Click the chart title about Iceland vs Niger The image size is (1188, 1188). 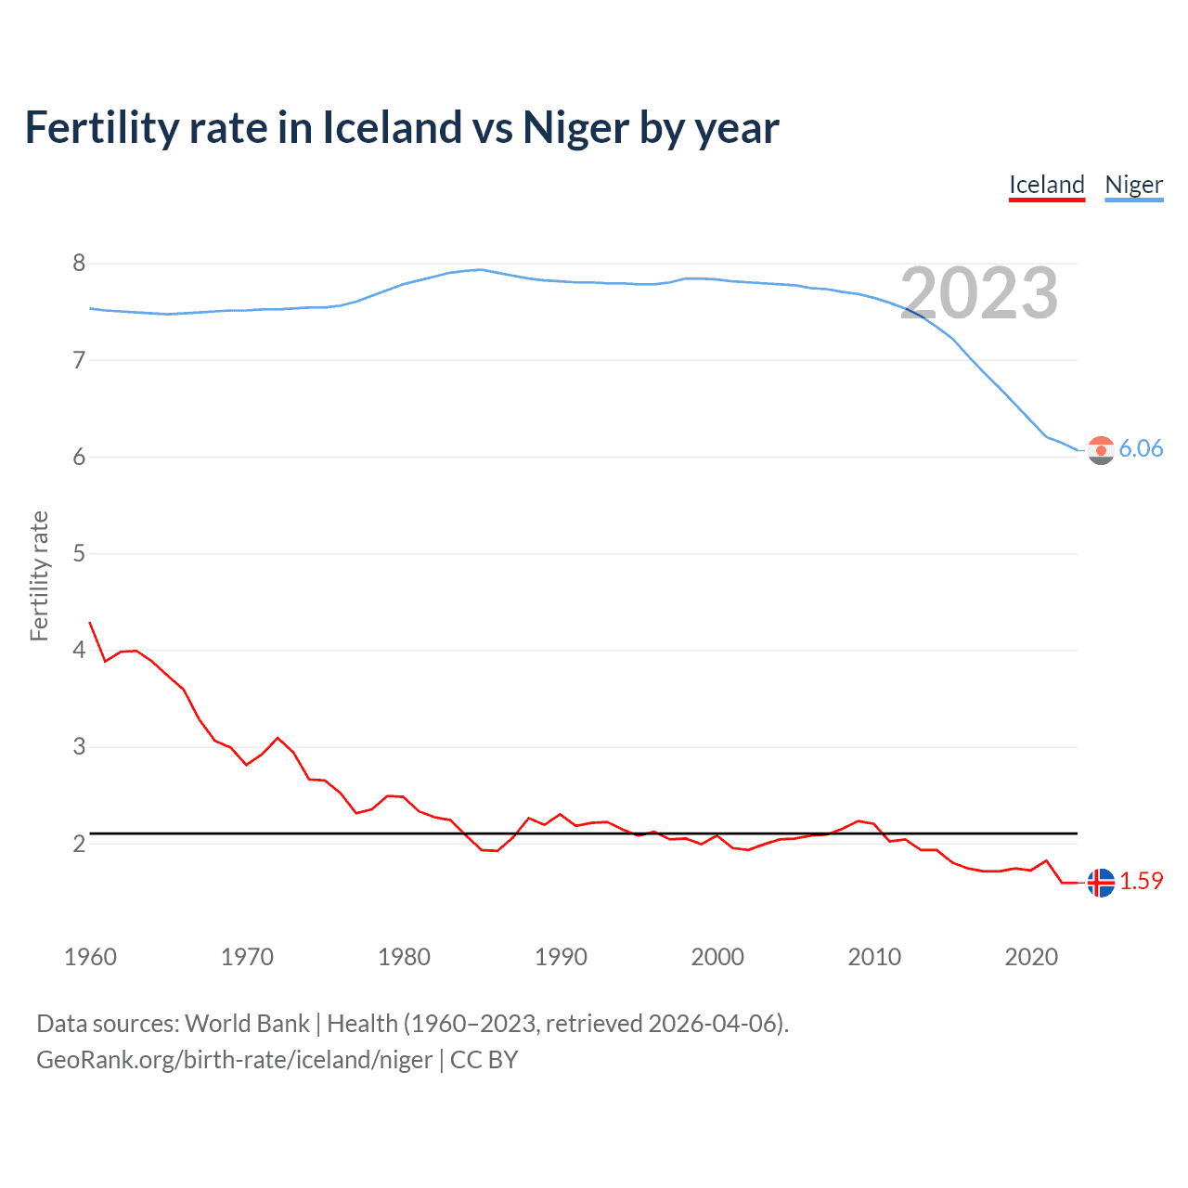point(401,127)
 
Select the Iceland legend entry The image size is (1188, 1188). point(1047,185)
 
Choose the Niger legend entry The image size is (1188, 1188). point(1133,185)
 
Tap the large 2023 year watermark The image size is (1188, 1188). point(978,293)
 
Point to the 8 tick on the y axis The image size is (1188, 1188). point(79,264)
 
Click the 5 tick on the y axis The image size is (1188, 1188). point(79,554)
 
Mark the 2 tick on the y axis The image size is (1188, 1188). point(79,844)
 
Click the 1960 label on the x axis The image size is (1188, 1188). point(90,957)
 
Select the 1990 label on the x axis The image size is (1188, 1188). point(561,957)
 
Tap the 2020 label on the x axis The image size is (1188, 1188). point(1031,957)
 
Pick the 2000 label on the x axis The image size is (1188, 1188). point(717,957)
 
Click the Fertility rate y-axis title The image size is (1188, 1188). point(39,575)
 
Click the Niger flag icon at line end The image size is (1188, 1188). point(1101,450)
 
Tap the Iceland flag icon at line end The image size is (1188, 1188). point(1101,883)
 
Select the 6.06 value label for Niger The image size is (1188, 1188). point(1141,449)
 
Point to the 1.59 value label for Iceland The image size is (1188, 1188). point(1141,882)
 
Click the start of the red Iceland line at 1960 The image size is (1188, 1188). point(90,623)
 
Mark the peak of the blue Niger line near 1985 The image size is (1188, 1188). point(480,269)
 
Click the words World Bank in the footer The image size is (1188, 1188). point(247,1024)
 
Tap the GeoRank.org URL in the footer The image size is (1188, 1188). point(234,1060)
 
